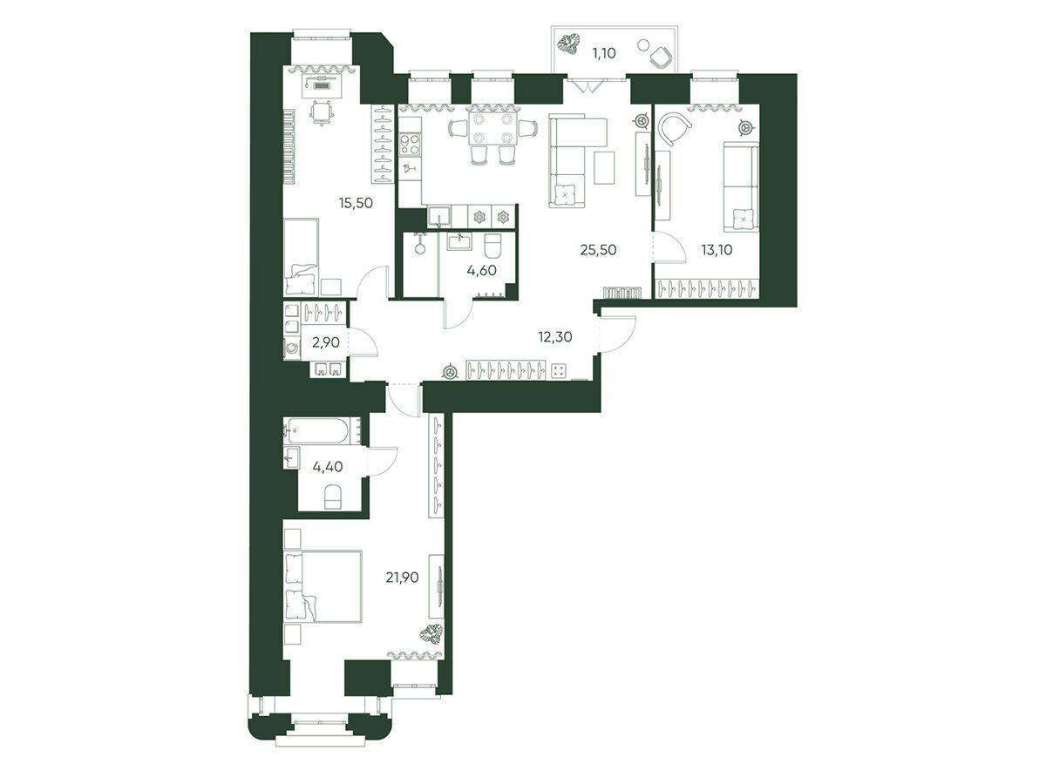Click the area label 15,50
(x=356, y=203)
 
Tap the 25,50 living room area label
(x=598, y=249)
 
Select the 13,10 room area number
(x=717, y=249)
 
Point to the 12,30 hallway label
(x=555, y=337)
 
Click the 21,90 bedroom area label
(x=402, y=578)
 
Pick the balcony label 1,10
(x=604, y=53)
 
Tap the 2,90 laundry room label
(x=326, y=342)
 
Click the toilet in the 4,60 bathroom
(x=493, y=246)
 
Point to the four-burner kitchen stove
(x=410, y=145)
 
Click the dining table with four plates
(x=492, y=128)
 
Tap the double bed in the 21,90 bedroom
(x=323, y=586)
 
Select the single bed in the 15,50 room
(x=302, y=257)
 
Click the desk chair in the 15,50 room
(x=319, y=113)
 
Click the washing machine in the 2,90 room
(x=292, y=348)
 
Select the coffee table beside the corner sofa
(x=604, y=167)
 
